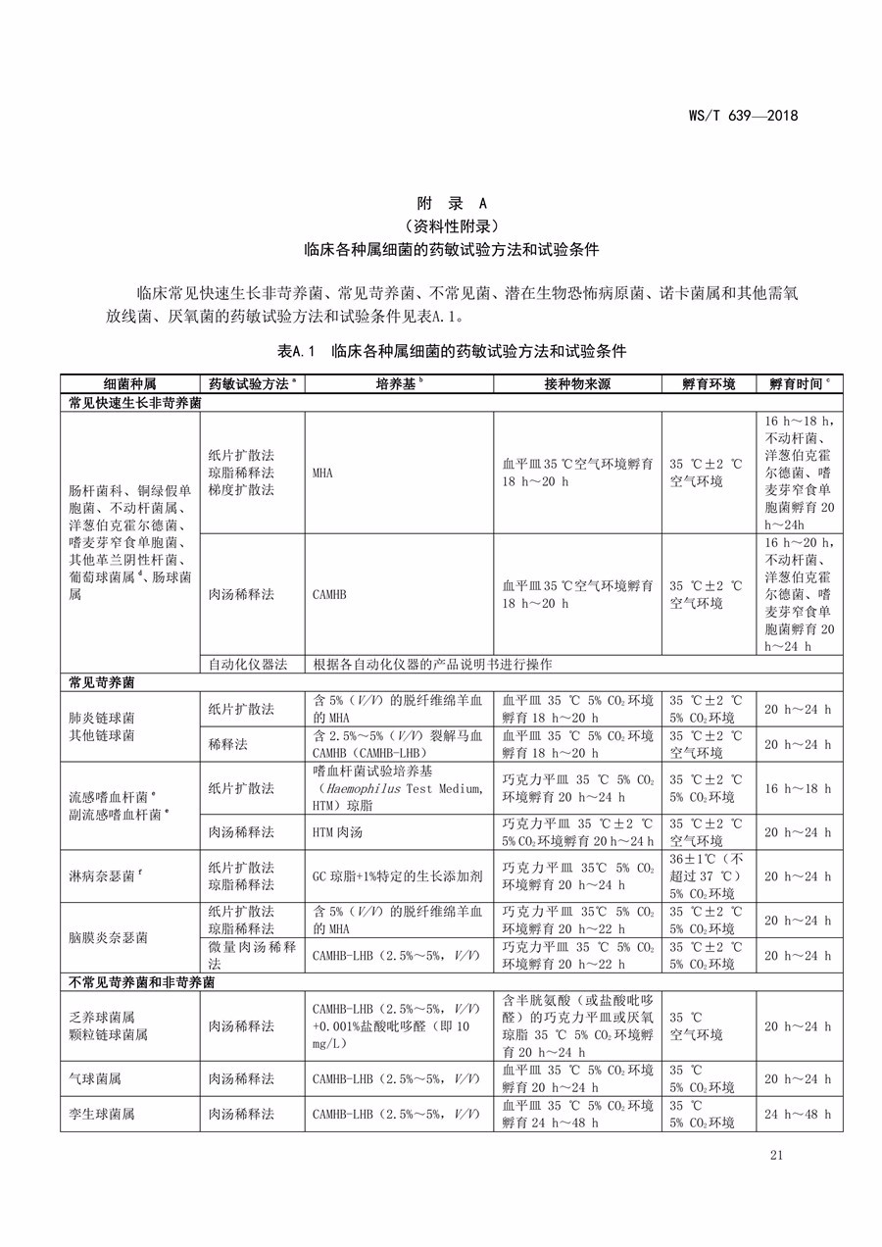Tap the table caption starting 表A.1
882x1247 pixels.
click(x=452, y=351)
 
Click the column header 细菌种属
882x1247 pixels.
click(x=129, y=384)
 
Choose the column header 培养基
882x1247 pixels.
click(x=399, y=384)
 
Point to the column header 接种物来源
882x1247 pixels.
click(x=576, y=384)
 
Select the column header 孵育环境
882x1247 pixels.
click(x=708, y=384)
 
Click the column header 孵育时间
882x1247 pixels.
click(x=799, y=384)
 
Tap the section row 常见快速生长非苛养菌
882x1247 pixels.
click(x=134, y=403)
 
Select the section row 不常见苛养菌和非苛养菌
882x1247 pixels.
click(x=141, y=981)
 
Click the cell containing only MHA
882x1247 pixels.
click(x=322, y=473)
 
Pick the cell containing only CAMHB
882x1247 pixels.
click(x=329, y=594)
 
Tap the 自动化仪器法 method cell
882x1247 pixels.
click(x=248, y=664)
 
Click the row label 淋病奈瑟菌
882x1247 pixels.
click(x=108, y=876)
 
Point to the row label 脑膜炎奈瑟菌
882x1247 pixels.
click(x=108, y=937)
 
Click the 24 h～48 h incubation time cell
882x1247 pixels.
click(x=798, y=1114)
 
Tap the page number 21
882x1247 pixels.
click(x=777, y=1156)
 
